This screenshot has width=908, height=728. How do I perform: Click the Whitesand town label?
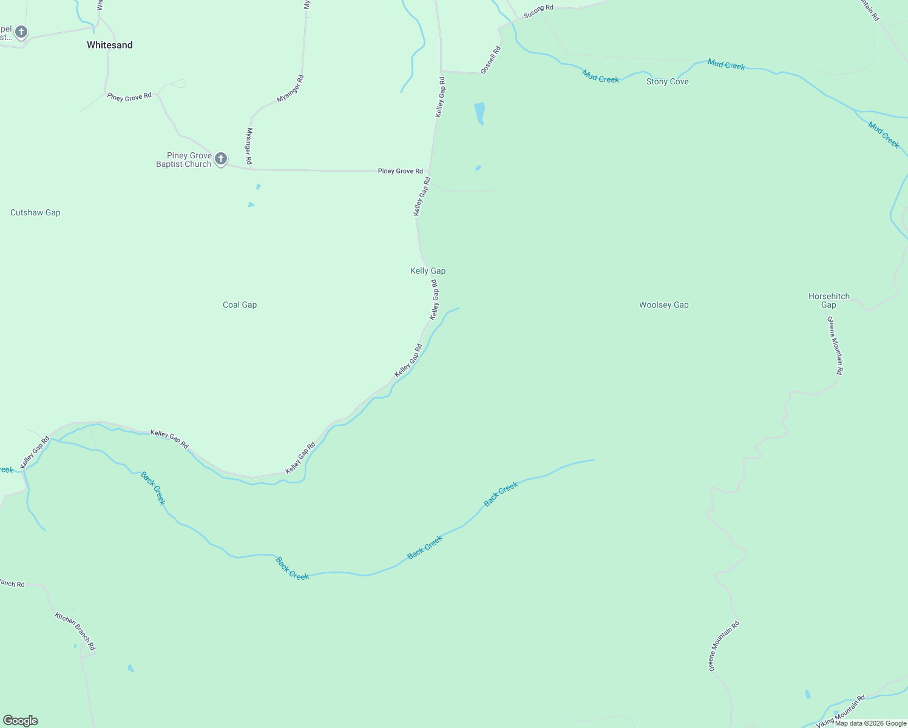pos(109,45)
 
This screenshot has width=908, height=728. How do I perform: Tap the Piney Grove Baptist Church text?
pos(183,160)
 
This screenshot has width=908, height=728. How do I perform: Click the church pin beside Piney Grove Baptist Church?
pos(221,159)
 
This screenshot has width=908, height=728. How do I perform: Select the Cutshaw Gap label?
pos(35,212)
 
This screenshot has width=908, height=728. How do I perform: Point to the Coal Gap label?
pos(240,305)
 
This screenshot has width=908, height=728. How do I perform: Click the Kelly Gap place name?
pos(428,271)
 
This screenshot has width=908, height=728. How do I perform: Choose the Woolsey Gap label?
pos(663,305)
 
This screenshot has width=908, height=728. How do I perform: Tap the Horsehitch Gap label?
pos(829,300)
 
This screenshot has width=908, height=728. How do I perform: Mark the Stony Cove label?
pos(667,81)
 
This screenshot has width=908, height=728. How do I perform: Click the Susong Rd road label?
pos(538,10)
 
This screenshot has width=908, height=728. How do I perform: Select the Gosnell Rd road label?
pos(490,60)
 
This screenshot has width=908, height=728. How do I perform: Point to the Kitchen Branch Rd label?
pos(75,631)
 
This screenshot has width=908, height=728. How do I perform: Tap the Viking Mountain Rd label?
pos(841,711)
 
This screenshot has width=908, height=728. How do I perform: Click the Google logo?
pos(20,721)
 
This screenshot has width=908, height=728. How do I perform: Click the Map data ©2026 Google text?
pos(870,723)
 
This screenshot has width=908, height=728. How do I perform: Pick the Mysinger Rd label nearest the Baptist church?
pos(249,146)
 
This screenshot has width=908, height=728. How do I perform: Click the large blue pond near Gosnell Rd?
pos(479,113)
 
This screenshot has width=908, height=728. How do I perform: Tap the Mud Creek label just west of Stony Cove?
pos(600,76)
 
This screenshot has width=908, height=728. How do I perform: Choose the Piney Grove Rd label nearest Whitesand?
pos(129,97)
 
